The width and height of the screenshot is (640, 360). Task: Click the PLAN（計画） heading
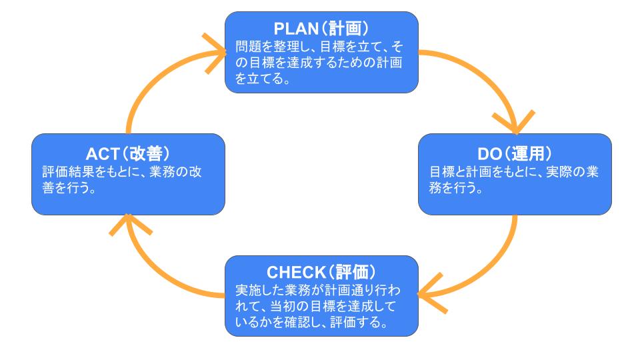321,30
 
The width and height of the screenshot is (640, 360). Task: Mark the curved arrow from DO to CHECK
497,267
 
